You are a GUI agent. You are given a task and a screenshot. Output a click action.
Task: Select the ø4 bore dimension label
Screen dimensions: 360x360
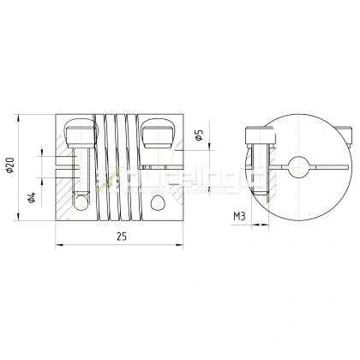click(32, 197)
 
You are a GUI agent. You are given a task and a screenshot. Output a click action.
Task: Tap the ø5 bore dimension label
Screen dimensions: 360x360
click(199, 135)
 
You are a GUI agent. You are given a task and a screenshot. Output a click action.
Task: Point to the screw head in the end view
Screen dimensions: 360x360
click(255, 135)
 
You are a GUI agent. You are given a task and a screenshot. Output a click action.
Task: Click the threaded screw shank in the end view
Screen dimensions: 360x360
click(255, 171)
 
